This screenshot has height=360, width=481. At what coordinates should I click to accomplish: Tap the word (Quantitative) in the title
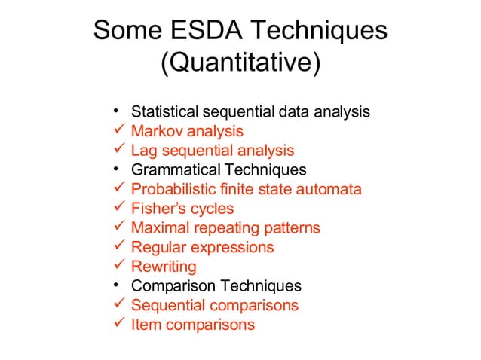click(240, 63)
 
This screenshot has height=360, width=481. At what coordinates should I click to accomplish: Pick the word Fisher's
click(158, 209)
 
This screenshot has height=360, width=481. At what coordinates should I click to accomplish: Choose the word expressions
click(232, 247)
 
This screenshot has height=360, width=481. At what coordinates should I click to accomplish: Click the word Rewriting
click(164, 267)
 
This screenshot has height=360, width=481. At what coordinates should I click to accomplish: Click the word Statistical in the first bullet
click(164, 111)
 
